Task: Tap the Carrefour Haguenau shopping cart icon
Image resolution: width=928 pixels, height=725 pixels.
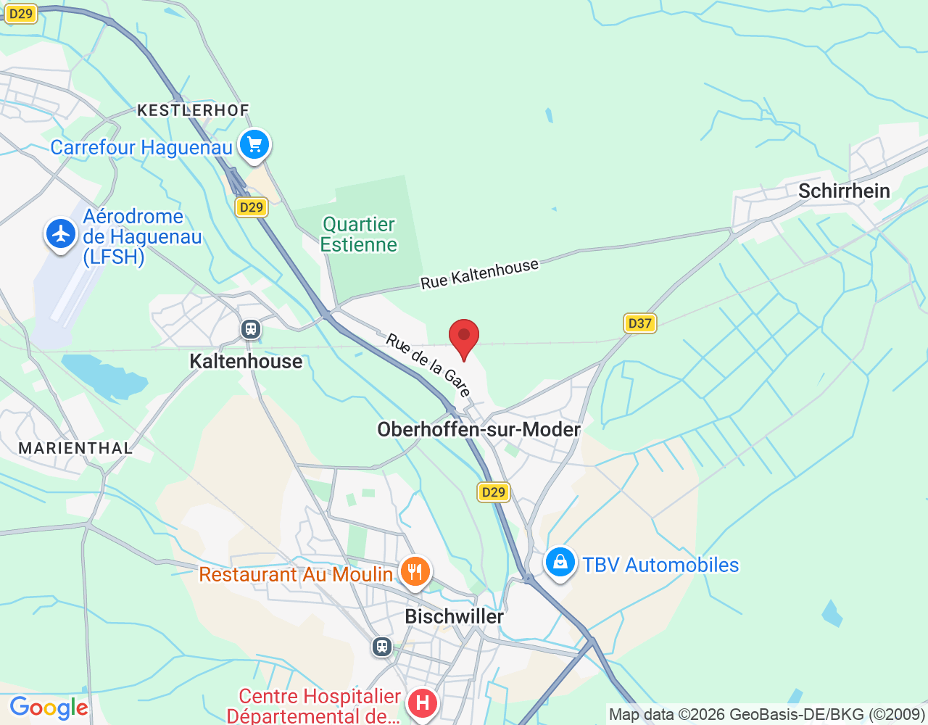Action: [254, 144]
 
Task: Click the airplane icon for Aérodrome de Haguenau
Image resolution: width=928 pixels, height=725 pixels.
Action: [61, 233]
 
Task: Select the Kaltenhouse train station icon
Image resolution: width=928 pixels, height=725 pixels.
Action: [251, 329]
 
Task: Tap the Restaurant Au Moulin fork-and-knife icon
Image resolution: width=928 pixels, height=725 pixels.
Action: [415, 572]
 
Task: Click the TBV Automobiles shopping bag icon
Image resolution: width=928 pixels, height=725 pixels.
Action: [560, 563]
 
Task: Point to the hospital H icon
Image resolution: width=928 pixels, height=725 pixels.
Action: [422, 703]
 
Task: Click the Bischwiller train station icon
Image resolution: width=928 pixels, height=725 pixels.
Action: [382, 647]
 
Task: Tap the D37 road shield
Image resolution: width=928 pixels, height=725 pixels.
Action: [639, 323]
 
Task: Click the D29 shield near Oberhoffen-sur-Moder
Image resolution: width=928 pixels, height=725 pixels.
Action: [494, 492]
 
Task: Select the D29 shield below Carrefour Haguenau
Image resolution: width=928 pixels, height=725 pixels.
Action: [252, 207]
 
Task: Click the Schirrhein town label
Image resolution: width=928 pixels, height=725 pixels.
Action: [844, 191]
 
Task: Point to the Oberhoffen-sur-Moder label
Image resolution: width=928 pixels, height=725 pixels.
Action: [478, 429]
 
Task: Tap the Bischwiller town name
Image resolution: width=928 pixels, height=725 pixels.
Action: [454, 616]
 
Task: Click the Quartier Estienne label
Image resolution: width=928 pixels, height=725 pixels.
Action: [359, 234]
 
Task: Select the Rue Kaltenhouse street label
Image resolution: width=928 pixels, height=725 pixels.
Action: [480, 274]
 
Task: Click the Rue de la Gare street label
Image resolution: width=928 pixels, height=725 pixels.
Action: [428, 365]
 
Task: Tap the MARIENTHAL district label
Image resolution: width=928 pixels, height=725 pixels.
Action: [75, 448]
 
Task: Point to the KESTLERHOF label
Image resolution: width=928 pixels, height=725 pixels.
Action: [193, 110]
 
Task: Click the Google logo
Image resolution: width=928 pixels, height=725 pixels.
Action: [49, 708]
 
